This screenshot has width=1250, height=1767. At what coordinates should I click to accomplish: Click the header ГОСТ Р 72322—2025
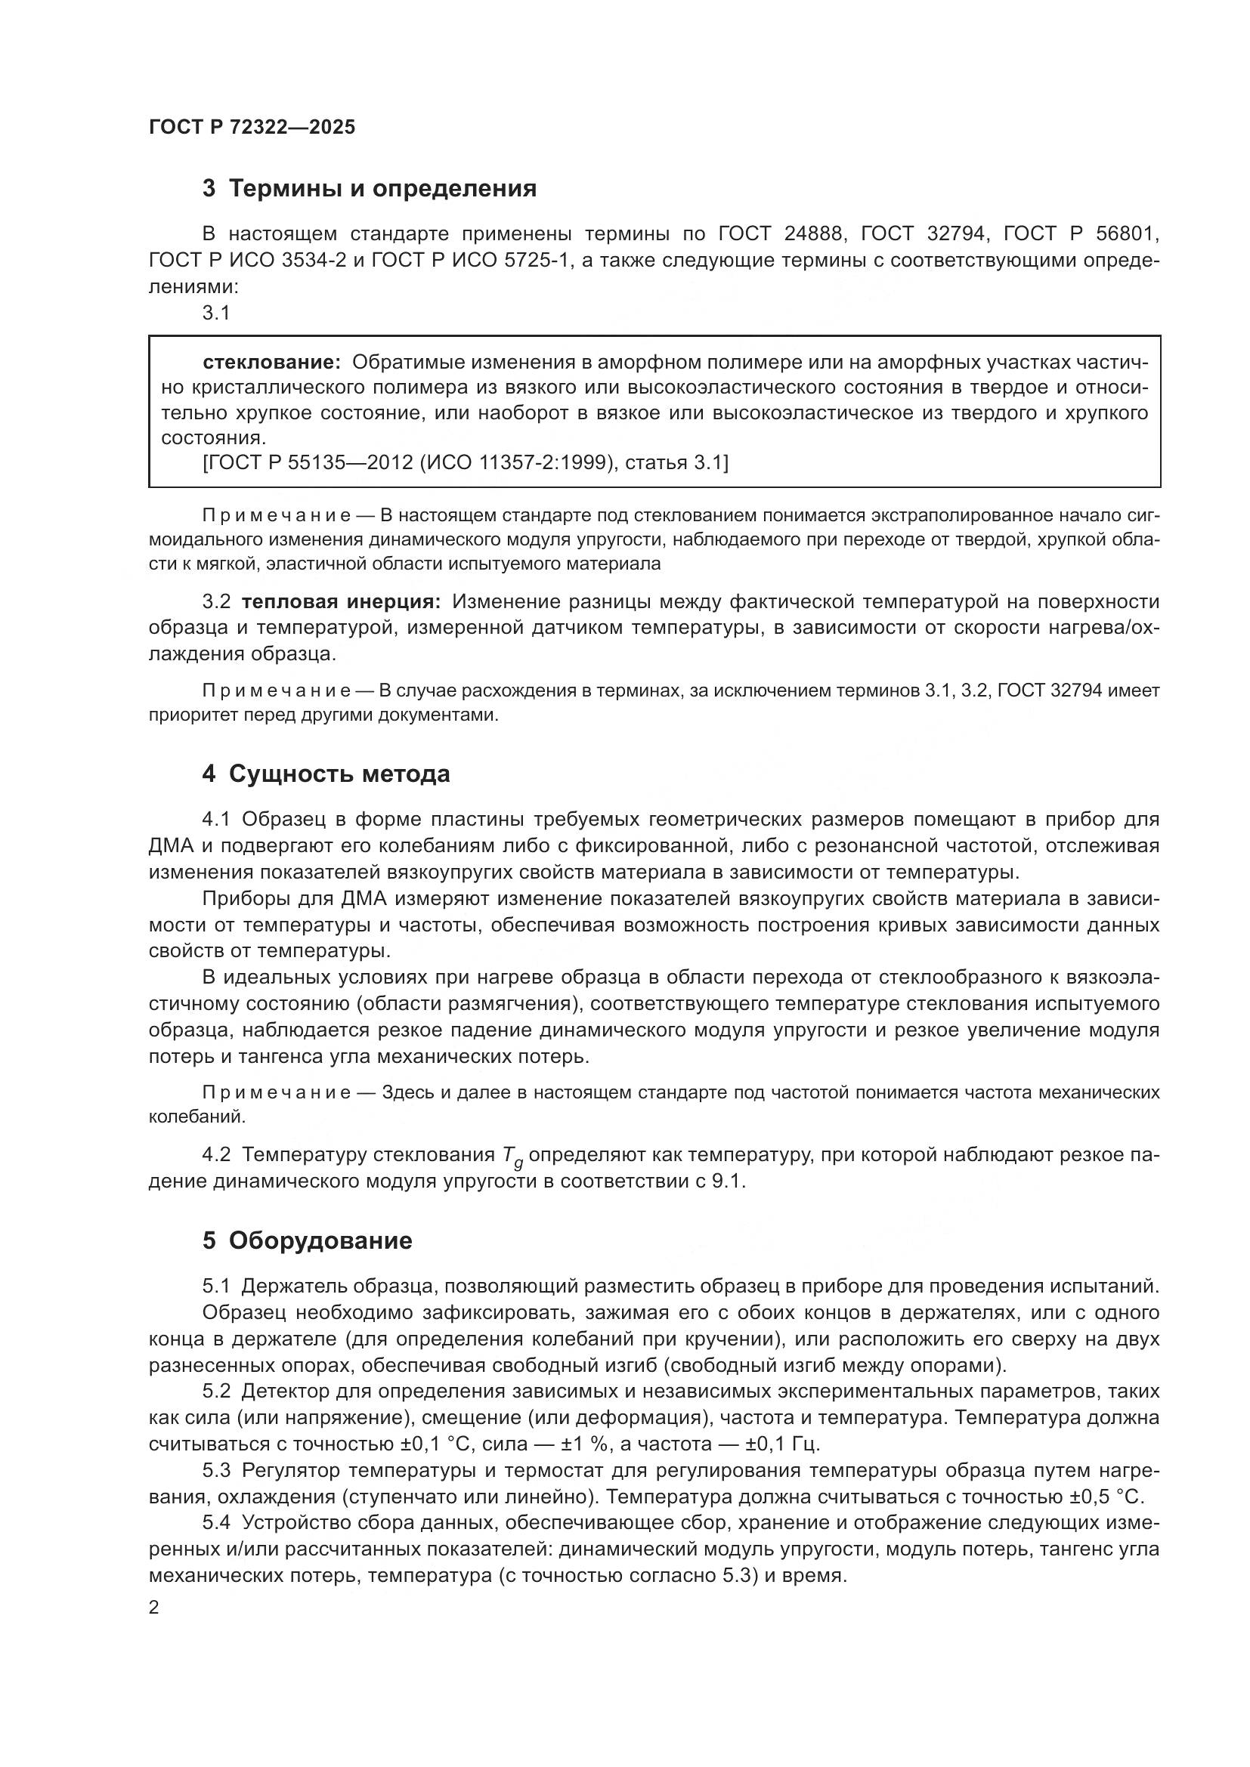tap(252, 128)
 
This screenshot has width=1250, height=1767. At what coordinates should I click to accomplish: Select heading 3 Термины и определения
tap(370, 189)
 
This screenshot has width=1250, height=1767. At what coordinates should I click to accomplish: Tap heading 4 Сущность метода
tap(326, 774)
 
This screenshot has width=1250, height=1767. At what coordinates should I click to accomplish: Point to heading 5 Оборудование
tap(307, 1240)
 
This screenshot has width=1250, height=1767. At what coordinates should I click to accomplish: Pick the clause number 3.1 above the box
tap(216, 313)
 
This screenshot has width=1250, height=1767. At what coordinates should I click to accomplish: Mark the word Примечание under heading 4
tap(277, 1093)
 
